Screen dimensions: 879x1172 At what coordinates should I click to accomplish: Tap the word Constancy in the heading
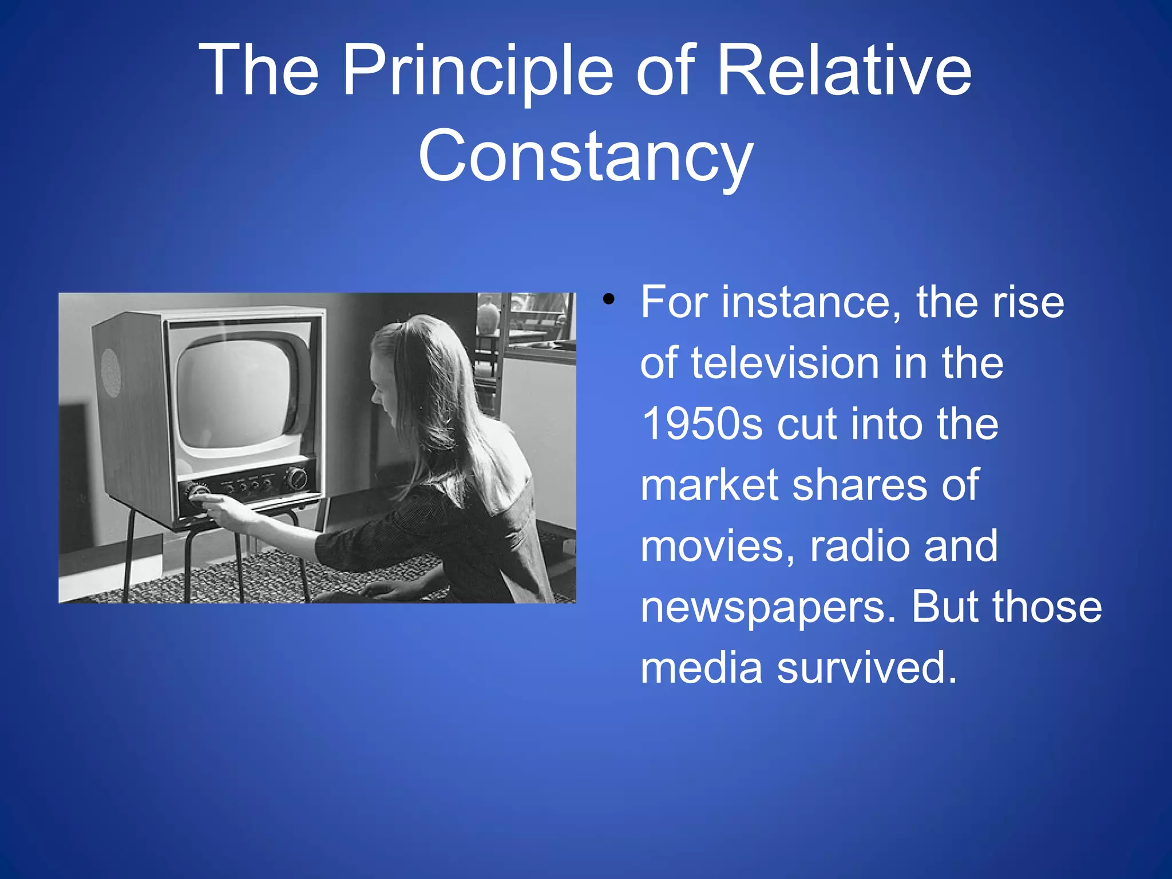pos(585,156)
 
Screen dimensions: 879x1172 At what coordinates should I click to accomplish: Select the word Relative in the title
pos(844,72)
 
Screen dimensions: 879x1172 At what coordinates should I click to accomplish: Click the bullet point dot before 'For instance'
pos(609,299)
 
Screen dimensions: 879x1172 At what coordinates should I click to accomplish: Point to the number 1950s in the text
pos(702,424)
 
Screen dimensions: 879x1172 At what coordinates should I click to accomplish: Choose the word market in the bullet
pos(708,485)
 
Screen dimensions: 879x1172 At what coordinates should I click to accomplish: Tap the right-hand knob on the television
pos(296,477)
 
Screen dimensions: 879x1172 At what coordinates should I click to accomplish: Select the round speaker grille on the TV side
pos(111,373)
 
